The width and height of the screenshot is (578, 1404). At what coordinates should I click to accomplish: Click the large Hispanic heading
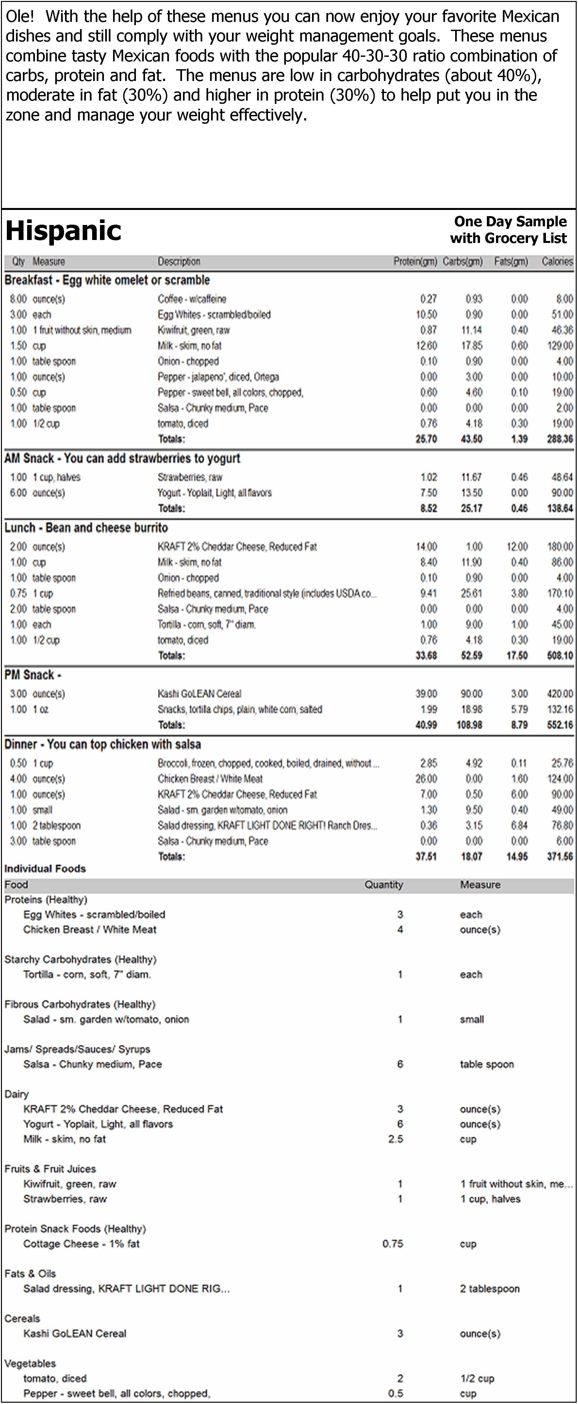63,231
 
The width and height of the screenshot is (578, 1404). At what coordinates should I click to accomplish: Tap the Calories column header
557,262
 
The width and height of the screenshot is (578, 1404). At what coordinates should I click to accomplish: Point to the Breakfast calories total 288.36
559,439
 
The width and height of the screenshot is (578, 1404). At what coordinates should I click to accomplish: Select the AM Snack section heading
122,458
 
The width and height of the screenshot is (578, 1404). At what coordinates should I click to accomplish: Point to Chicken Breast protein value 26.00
426,779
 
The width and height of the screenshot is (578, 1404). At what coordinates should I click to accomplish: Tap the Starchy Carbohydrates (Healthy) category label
80,959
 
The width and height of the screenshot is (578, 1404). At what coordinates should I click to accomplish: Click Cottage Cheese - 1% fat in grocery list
81,1244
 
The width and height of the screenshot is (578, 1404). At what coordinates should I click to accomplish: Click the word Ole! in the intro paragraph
20,16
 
